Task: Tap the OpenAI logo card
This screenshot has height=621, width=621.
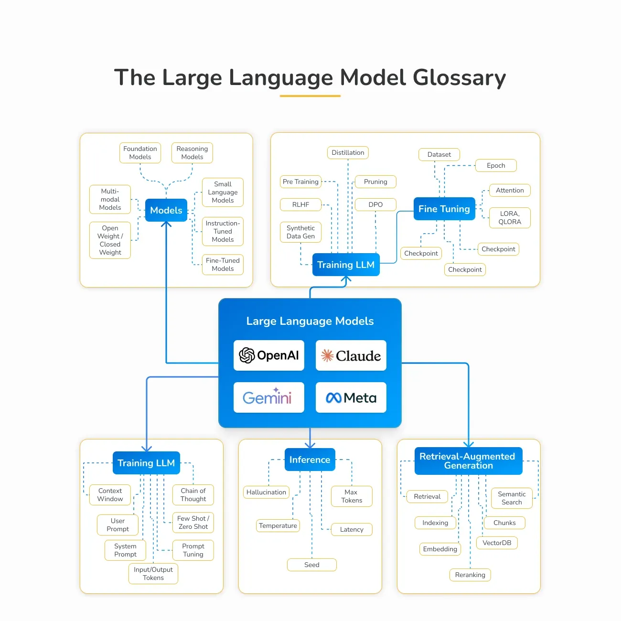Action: [x=268, y=355]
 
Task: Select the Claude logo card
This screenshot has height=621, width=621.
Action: [x=351, y=355]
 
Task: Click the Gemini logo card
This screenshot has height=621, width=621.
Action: [x=268, y=397]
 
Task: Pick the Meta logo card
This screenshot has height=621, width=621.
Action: [x=351, y=397]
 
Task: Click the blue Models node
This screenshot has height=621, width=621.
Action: [x=166, y=210]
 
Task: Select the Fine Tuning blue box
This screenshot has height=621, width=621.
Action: [x=444, y=209]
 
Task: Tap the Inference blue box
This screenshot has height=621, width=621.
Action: [x=310, y=460]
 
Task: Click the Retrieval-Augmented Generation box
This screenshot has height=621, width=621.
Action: [x=468, y=461]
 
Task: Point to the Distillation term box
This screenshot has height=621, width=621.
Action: [x=348, y=153]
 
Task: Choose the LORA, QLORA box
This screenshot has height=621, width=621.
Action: [x=510, y=218]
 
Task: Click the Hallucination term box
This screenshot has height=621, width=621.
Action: [x=266, y=492]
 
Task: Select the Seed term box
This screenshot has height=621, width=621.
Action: [x=311, y=565]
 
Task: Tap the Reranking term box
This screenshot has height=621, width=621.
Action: [x=470, y=575]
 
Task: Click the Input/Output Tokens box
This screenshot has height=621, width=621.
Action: [x=153, y=574]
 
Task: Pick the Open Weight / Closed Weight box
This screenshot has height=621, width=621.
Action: [x=110, y=240]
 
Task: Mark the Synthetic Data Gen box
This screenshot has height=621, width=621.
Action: [x=300, y=232]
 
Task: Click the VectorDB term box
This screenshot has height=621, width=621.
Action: [x=496, y=543]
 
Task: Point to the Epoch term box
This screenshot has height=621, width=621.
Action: [x=496, y=166]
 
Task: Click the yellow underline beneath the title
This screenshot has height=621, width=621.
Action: [x=310, y=96]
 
